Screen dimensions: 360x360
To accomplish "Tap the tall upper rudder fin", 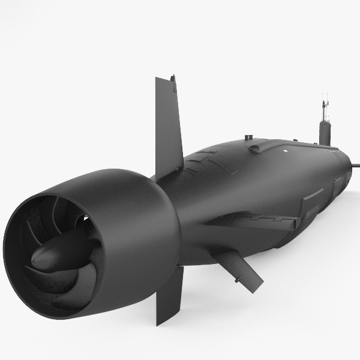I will click(x=168, y=126).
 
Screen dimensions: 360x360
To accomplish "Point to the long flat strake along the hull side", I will click(x=252, y=222).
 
